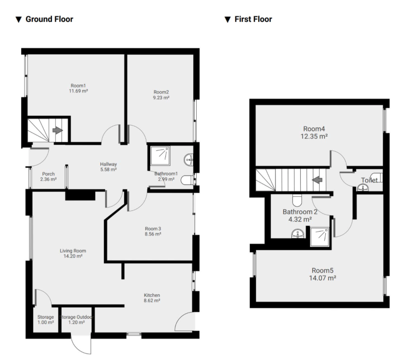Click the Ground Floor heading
click(49, 19)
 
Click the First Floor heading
click(253, 19)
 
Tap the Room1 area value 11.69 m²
click(79, 91)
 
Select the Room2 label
click(161, 92)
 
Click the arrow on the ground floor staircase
click(57, 131)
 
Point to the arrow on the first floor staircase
click(317, 180)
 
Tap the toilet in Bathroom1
click(187, 180)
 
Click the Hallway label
click(108, 164)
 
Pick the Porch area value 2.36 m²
click(49, 179)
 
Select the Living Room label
click(73, 251)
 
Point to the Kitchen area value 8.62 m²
click(152, 301)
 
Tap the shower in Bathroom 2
click(320, 236)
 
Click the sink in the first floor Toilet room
click(363, 187)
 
